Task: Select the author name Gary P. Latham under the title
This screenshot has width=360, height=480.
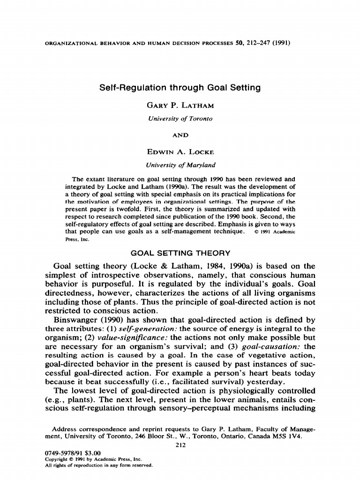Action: pos(180,105)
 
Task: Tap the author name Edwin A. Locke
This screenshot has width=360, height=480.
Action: pos(180,152)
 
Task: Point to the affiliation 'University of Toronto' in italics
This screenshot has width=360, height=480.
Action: pos(180,119)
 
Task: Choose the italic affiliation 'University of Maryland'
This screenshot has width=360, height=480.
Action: pos(180,165)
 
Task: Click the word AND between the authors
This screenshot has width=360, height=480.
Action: pos(180,135)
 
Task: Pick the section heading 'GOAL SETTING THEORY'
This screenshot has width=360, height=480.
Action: pos(180,254)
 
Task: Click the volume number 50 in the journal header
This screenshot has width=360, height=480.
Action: pos(239,43)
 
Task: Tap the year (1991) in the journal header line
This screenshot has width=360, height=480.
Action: pos(281,43)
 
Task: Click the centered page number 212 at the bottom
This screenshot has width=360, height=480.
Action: pos(180,445)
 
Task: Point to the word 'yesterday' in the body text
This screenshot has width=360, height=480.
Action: pos(263,382)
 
